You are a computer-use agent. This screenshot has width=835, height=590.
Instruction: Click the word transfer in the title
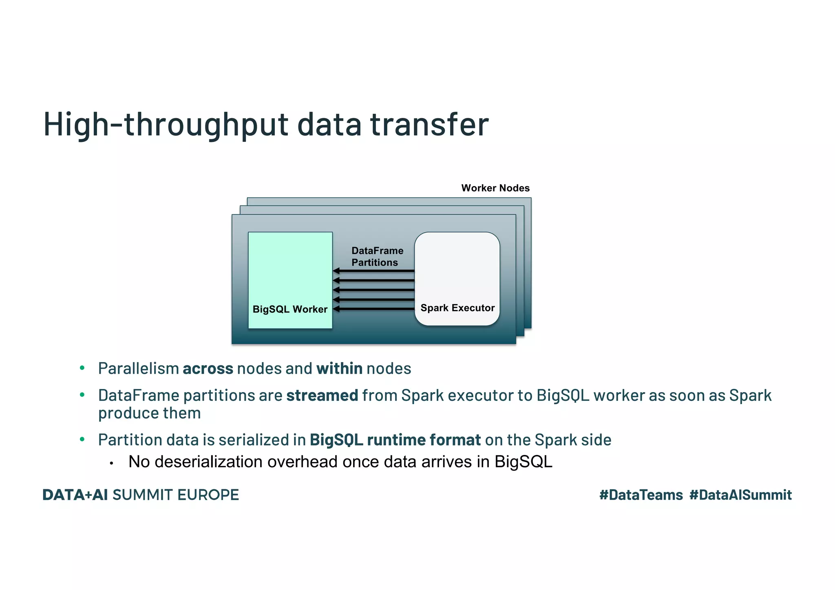click(429, 124)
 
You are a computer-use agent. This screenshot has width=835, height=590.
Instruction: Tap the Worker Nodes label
click(495, 188)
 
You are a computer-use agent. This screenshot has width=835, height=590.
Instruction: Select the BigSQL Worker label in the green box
click(290, 309)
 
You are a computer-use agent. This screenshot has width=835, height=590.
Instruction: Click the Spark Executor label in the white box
click(457, 308)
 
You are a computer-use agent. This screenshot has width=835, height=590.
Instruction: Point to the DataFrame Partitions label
click(377, 256)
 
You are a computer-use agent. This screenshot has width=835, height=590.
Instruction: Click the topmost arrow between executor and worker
click(373, 271)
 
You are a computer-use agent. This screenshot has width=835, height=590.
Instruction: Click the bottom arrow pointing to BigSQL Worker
click(373, 309)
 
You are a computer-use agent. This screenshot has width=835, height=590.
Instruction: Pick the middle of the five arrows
click(373, 290)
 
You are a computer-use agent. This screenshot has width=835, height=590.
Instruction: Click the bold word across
click(208, 369)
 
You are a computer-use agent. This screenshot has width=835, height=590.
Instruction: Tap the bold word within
click(339, 369)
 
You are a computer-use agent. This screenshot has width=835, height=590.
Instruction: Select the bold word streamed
click(322, 396)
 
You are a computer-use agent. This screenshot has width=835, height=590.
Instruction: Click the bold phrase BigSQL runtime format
click(395, 440)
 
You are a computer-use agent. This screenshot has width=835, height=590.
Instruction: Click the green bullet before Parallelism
click(82, 368)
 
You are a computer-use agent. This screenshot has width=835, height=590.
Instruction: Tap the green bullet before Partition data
click(82, 439)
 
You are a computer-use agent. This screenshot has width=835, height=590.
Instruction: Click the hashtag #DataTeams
click(641, 495)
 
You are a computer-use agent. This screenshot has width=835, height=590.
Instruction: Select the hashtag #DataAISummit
click(740, 495)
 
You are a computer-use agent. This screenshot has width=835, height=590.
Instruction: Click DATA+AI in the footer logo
click(75, 495)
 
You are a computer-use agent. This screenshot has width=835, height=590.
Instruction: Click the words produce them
click(149, 413)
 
